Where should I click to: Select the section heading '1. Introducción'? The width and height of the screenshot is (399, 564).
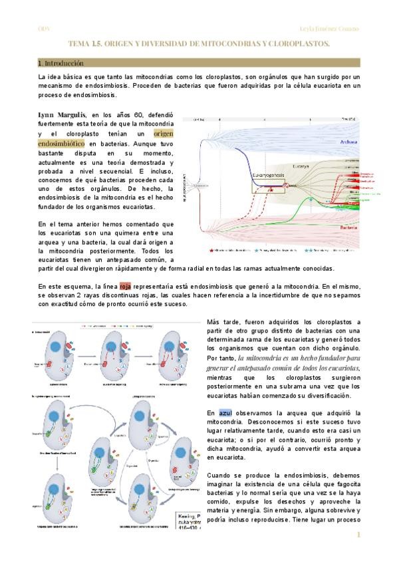coord(61,63)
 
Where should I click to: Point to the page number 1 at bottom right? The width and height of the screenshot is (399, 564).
coord(358,535)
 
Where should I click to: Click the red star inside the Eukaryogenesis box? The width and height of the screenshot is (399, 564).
coord(271,190)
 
